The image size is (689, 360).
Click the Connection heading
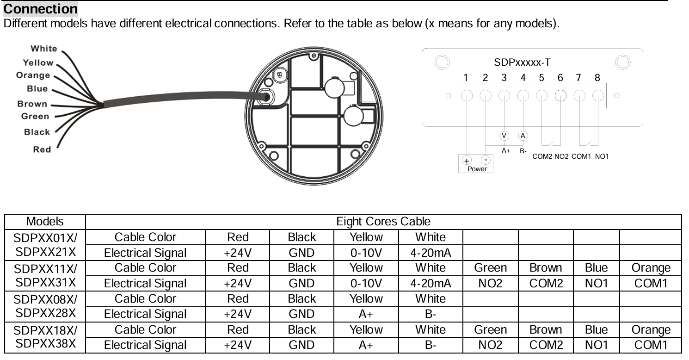(41, 9)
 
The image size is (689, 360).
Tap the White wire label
(44, 49)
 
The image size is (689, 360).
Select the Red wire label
(42, 149)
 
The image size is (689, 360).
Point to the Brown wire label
(32, 104)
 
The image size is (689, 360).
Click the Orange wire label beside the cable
(33, 75)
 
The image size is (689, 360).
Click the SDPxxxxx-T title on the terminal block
(523, 62)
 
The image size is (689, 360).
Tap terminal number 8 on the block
(597, 78)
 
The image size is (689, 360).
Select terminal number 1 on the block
(467, 78)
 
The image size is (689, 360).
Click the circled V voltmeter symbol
(504, 136)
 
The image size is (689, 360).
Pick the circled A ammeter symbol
(523, 136)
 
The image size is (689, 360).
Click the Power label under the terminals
(477, 169)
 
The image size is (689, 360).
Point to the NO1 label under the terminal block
(602, 156)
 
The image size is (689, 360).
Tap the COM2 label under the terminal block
(542, 156)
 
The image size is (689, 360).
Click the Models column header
(45, 222)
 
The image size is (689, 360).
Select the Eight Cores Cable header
(383, 222)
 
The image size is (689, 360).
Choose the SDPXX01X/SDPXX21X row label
(45, 245)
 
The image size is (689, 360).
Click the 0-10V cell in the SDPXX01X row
(366, 253)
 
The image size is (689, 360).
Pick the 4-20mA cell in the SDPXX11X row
(431, 283)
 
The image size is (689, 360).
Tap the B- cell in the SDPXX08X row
(431, 314)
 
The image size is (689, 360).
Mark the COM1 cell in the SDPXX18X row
(651, 345)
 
